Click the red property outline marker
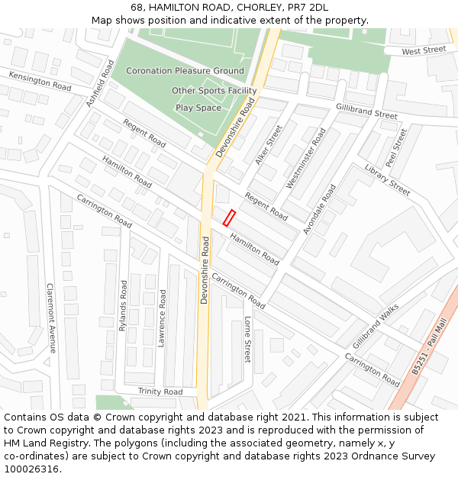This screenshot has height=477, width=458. [228, 218]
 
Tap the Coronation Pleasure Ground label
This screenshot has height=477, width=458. [185, 71]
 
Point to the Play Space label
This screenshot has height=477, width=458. [198, 108]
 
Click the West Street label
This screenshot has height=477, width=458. [424, 50]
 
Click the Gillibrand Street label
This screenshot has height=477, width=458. [366, 111]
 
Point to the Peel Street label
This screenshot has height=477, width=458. [396, 147]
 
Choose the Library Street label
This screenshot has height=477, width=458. [387, 180]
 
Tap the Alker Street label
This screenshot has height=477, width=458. [269, 145]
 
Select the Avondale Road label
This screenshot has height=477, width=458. [319, 208]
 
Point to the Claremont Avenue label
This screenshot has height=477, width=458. [51, 317]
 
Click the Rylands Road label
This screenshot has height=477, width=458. [123, 305]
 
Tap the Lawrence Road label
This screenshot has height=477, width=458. [162, 317]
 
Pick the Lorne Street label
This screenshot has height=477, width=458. [247, 340]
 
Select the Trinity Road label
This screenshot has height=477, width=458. [160, 392]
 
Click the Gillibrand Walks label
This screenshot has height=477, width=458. [376, 324]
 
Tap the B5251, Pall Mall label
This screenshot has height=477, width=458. [427, 347]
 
